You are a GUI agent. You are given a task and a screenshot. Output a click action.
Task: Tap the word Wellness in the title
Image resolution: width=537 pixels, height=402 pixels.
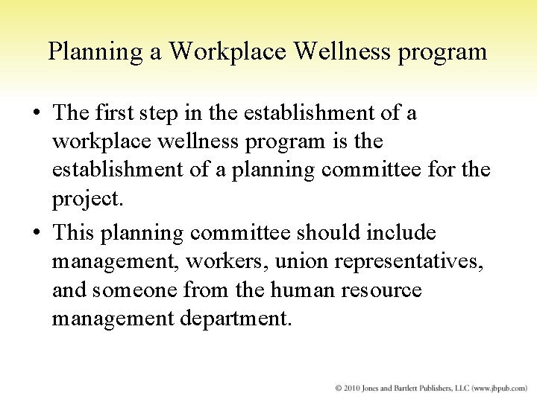330,53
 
